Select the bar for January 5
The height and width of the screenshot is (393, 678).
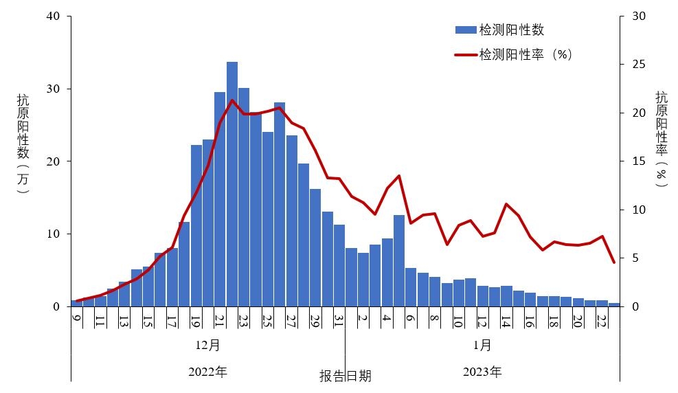pyautogui.click(x=399, y=261)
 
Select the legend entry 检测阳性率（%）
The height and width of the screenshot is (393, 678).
pyautogui.click(x=525, y=54)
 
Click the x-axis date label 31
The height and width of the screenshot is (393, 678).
pyautogui.click(x=339, y=321)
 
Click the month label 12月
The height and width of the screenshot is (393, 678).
pyautogui.click(x=207, y=344)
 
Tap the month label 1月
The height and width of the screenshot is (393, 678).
pyautogui.click(x=482, y=344)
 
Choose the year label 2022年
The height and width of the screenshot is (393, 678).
pyautogui.click(x=207, y=372)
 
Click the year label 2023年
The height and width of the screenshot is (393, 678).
pyautogui.click(x=482, y=372)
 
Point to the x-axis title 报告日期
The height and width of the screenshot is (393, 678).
pyautogui.click(x=345, y=376)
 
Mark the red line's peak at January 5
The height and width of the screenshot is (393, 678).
pyautogui.click(x=399, y=176)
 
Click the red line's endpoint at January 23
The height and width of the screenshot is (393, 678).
pyautogui.click(x=614, y=262)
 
